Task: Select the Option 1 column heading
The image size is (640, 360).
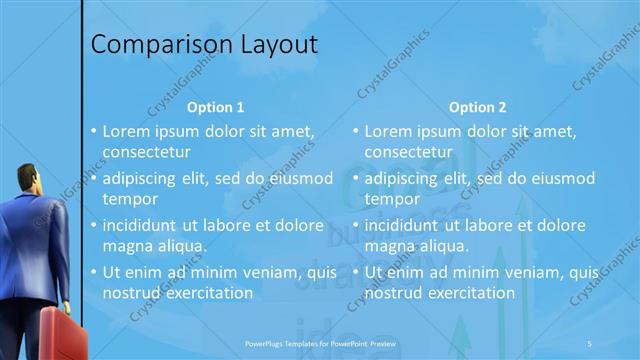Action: tap(216, 107)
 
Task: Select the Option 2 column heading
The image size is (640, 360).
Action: tap(478, 107)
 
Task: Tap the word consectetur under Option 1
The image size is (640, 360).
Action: tap(146, 152)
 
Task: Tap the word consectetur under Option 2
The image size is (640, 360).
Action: tap(408, 152)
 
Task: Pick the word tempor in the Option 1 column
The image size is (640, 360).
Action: tap(126, 199)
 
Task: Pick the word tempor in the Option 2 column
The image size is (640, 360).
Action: tap(388, 199)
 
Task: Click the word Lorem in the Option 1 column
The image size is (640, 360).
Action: tap(125, 131)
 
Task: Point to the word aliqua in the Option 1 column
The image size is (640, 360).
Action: tap(183, 246)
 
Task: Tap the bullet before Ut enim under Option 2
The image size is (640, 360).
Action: tap(356, 272)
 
